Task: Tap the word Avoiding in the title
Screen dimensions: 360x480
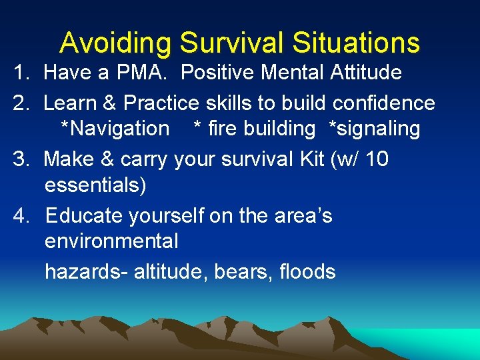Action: click(116, 43)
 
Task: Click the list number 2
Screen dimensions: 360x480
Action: click(22, 103)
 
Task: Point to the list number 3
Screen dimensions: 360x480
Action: click(22, 159)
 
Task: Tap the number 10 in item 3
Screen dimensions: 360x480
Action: click(376, 159)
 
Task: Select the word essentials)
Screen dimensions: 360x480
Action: click(95, 185)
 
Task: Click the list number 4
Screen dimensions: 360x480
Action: click(22, 216)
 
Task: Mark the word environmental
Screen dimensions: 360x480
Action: click(111, 241)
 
